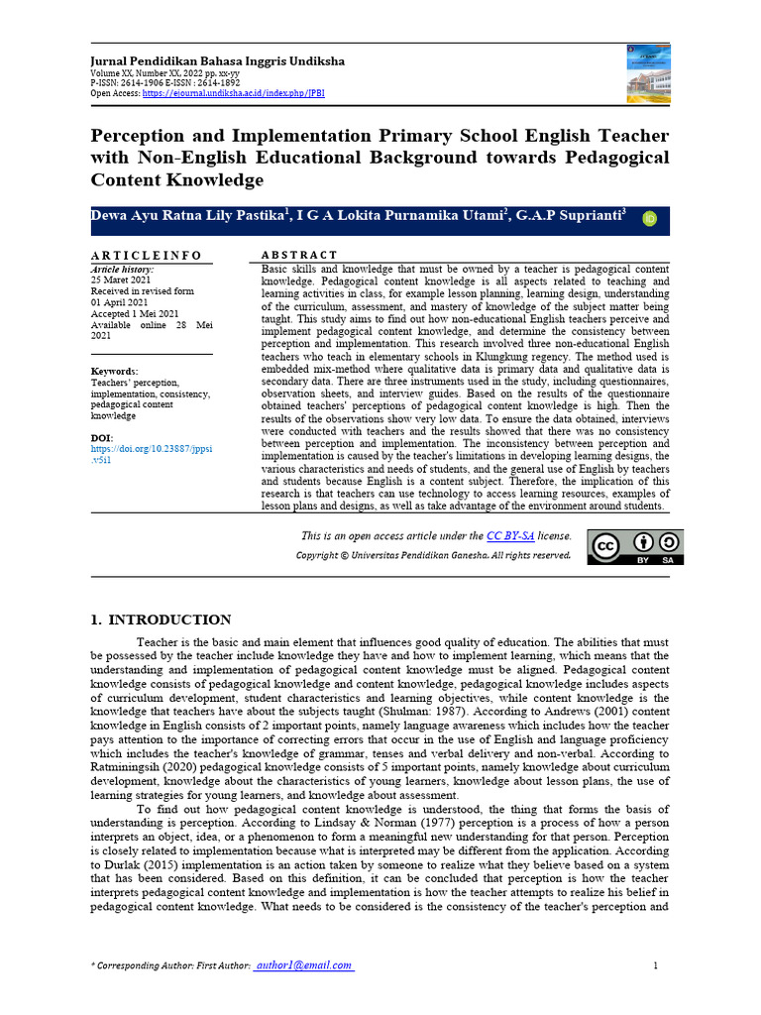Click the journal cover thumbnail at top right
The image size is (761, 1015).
coord(648,73)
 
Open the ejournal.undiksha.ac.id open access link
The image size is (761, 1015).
coord(233,93)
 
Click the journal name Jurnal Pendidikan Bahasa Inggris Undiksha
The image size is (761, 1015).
coord(218,61)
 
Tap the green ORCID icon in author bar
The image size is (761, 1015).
coord(650,219)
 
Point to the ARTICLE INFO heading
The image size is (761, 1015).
coord(147,255)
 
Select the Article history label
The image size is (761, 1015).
coord(122,270)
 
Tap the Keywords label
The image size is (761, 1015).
coord(116,372)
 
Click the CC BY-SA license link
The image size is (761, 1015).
coord(510,536)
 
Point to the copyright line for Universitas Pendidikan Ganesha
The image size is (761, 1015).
coord(433,555)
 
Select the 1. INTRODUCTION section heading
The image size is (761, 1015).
coord(161,620)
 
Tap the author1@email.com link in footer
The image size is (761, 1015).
coord(303,966)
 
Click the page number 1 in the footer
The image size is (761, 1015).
coord(656,966)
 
